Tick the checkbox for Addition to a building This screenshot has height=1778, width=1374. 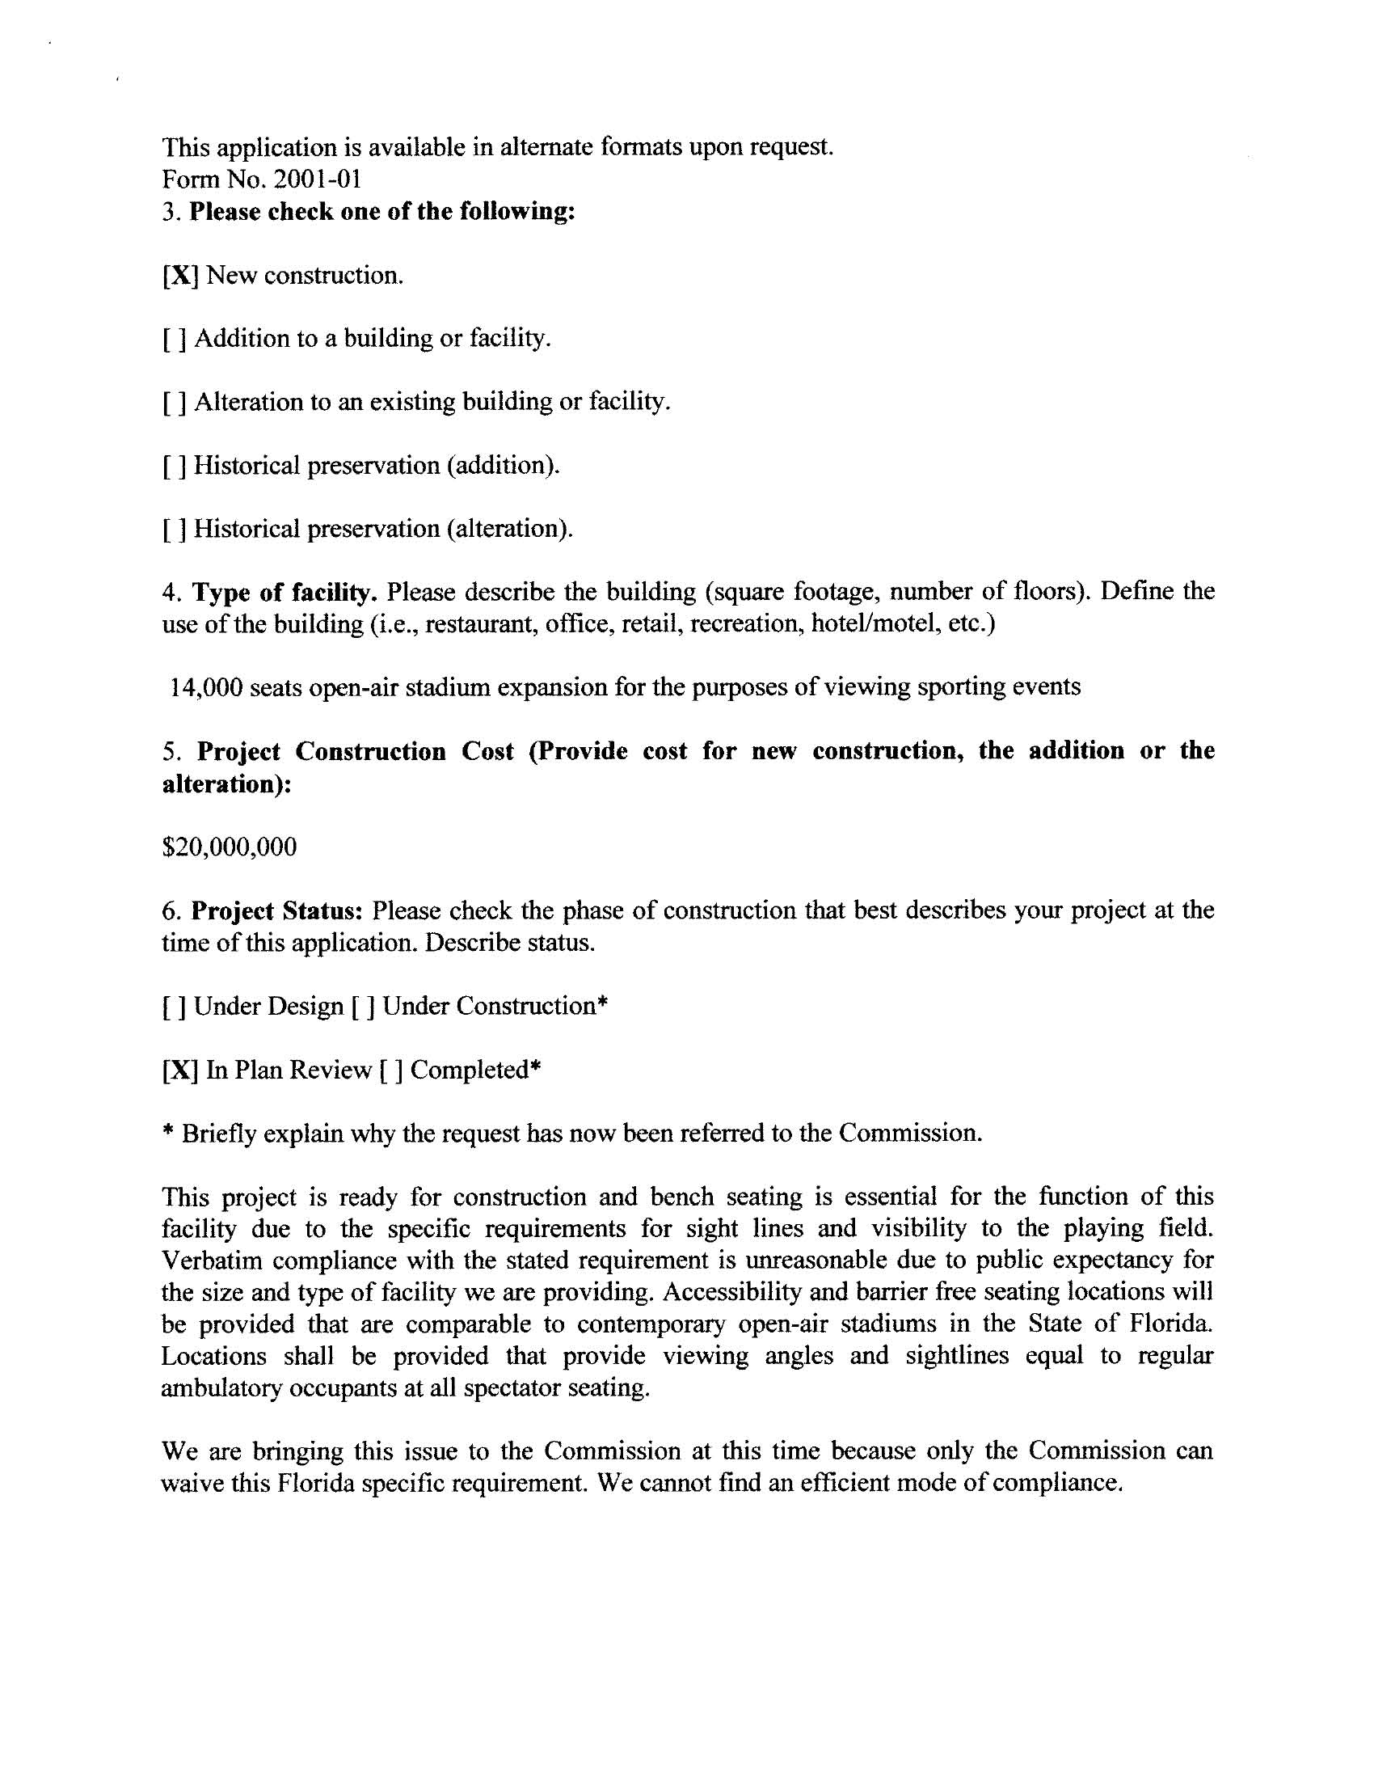pyautogui.click(x=175, y=340)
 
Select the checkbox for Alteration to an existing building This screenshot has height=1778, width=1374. pyautogui.click(x=175, y=403)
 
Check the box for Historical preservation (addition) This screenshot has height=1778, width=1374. pyautogui.click(x=175, y=467)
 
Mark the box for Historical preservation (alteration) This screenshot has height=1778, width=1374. pyautogui.click(x=175, y=530)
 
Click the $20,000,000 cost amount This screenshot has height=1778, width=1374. pyautogui.click(x=230, y=847)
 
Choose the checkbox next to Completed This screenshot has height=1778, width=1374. pyautogui.click(x=390, y=1071)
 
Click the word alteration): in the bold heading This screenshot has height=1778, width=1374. pyautogui.click(x=227, y=785)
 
